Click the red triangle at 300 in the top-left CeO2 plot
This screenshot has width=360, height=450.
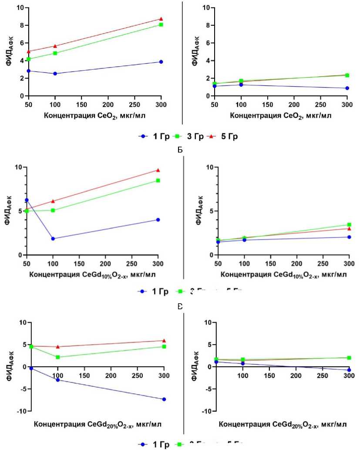[x=161, y=19]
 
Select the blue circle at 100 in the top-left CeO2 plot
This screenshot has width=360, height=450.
[x=55, y=74]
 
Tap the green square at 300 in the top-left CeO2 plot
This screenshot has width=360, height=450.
[x=161, y=24]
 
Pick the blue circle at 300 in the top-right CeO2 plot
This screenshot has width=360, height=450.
[x=347, y=88]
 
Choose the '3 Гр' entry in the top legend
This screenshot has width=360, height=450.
[x=193, y=136]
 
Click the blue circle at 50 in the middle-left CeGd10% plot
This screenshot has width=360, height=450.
[x=27, y=200]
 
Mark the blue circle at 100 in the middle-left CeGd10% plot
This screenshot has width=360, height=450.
[x=53, y=238]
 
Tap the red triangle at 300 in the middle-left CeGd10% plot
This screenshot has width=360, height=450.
[x=158, y=170]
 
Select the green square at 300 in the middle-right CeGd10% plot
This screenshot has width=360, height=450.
[x=349, y=225]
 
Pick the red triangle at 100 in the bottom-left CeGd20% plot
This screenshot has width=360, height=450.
[x=58, y=347]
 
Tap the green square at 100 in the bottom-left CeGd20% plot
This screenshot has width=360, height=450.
[x=58, y=357]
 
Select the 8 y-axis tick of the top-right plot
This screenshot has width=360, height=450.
[x=209, y=25]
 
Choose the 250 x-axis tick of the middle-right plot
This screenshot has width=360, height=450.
[x=323, y=265]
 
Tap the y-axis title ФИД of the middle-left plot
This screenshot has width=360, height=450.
[x=8, y=212]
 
